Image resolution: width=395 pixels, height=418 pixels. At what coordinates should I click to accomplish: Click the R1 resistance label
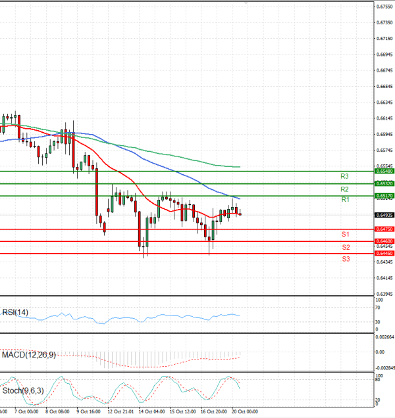coord(344,199)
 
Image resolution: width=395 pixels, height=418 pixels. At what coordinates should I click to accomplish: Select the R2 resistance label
coord(344,189)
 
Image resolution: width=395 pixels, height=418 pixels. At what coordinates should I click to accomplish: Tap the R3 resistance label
coord(344,176)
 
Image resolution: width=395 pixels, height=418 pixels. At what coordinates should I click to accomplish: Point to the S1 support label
coord(345,234)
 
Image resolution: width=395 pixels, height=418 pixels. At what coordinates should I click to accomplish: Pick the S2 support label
coord(345,247)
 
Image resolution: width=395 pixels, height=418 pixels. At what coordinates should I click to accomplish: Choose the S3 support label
coord(345,259)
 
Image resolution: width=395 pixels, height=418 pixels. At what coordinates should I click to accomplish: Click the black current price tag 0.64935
coord(384,215)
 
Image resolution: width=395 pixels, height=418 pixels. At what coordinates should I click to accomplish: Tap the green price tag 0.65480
coord(384,171)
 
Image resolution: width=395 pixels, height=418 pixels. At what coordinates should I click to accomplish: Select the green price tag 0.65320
coord(384,183)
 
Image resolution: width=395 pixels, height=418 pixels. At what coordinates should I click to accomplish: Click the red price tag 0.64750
coord(384,229)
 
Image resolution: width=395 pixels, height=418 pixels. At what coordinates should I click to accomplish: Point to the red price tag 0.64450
coord(384,253)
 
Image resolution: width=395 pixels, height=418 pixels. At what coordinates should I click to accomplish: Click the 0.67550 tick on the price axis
coord(384,7)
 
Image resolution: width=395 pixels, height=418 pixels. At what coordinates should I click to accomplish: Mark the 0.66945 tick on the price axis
coord(384,55)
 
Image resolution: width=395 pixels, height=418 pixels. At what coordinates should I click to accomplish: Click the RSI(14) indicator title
coord(15,312)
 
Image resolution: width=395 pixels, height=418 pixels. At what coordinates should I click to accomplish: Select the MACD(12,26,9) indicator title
coord(29,355)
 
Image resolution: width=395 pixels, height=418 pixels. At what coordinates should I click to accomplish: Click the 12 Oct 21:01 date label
coord(120,412)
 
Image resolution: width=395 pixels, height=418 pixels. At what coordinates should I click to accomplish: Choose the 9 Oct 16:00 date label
coord(88,412)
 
